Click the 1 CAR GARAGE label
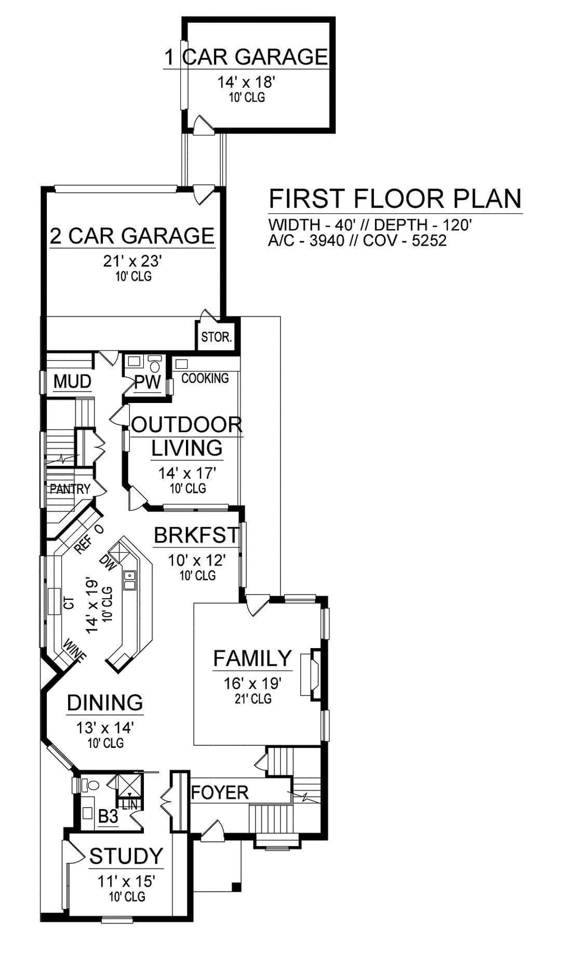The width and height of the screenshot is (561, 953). [246, 57]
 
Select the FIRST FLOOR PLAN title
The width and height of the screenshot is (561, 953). [395, 199]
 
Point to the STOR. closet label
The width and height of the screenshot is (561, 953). [216, 337]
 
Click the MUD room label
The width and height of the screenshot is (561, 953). [72, 382]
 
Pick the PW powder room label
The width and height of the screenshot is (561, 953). [148, 383]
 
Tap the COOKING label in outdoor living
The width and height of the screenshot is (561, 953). [205, 378]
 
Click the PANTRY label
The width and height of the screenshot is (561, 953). [70, 489]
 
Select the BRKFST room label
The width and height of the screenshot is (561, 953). [196, 535]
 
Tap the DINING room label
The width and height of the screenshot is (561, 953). [105, 703]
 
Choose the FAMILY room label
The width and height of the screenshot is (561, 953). [253, 658]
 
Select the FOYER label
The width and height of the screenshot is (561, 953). [220, 793]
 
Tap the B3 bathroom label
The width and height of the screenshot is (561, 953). [108, 817]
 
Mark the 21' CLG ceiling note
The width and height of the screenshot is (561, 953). [253, 699]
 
